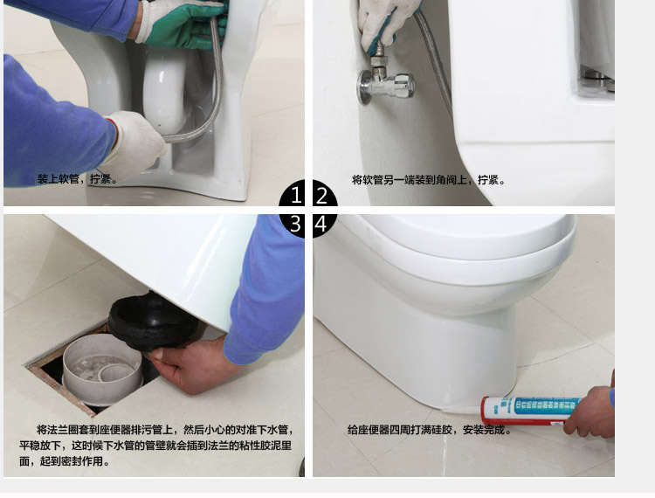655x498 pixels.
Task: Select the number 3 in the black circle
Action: pyautogui.click(x=296, y=225)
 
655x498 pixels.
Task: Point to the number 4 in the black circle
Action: pyautogui.click(x=321, y=225)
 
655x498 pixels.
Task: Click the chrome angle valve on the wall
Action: pyautogui.click(x=385, y=83)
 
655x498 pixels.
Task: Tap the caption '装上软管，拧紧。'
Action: pyautogui.click(x=77, y=180)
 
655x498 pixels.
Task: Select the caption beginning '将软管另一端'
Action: pyautogui.click(x=428, y=180)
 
